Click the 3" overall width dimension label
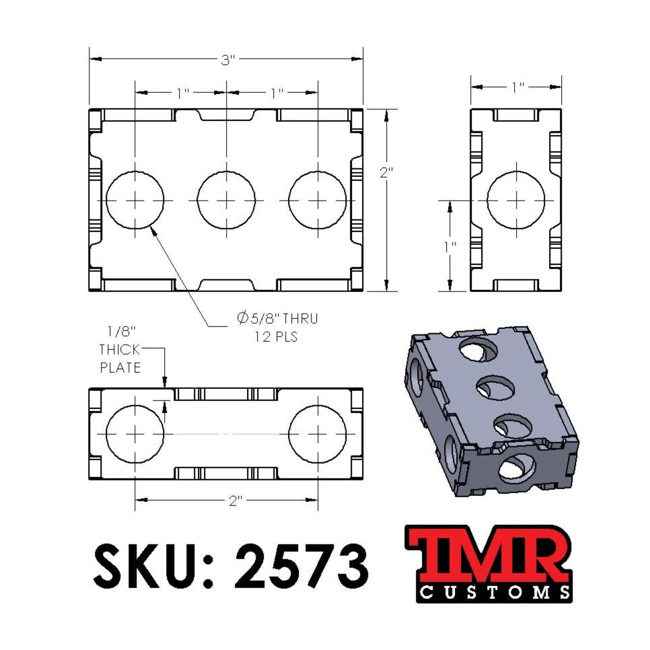pos(228,59)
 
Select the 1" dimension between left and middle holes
pos(182,93)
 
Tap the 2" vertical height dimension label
pos(386,172)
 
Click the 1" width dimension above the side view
pos(517,87)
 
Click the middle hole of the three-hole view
pos(227,200)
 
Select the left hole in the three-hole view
pos(135,200)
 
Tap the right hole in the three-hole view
pos(318,200)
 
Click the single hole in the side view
pos(516,200)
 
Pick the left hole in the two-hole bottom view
pos(135,434)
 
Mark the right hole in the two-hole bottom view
pos(318,434)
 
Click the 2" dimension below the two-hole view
pos(233,501)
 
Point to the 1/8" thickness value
pos(121,332)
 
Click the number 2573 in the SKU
pos(303,565)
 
